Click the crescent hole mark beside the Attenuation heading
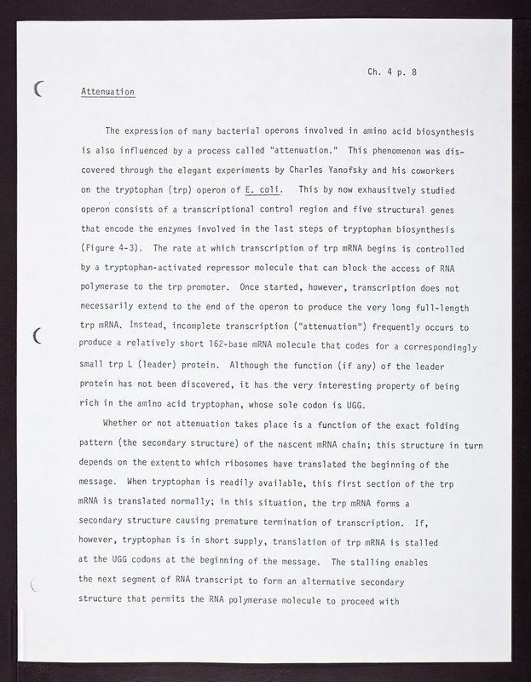(x=39, y=88)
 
